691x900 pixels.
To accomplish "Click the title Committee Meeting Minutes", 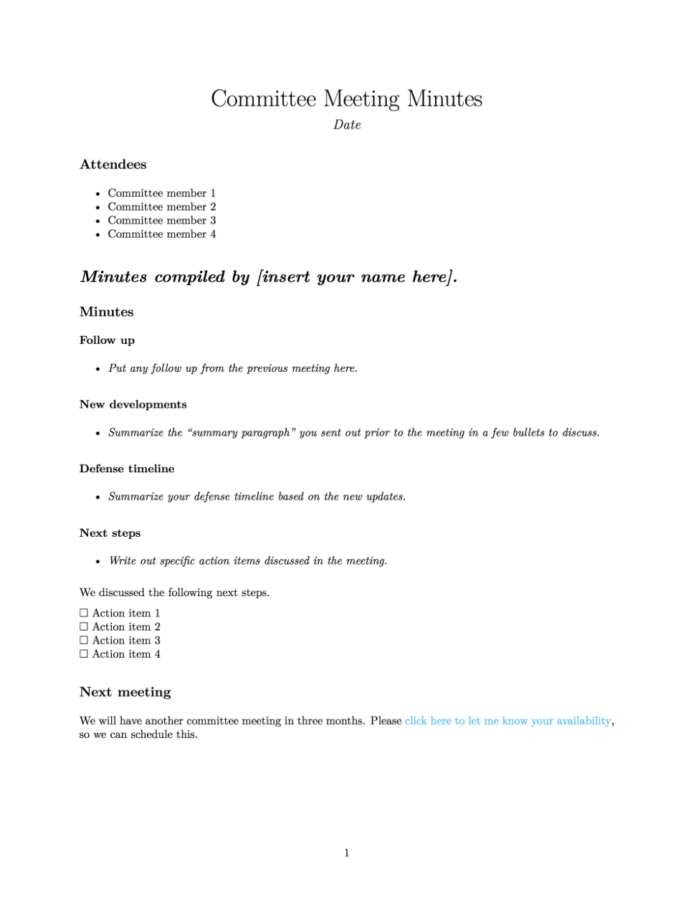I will [x=346, y=99].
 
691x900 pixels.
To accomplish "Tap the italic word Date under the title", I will [x=347, y=125].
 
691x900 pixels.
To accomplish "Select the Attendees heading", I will [x=113, y=165].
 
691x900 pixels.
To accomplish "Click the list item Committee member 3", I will [x=161, y=221].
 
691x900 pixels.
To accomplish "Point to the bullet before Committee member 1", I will [x=98, y=194].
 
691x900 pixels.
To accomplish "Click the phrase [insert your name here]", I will [x=356, y=277].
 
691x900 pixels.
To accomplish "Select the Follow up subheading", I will [x=107, y=340].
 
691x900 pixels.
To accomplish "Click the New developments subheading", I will [x=133, y=405].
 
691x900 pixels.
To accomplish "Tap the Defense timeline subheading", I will [x=127, y=469].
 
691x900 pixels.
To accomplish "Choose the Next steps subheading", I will [x=110, y=533].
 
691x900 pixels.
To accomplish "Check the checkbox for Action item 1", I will [x=84, y=613].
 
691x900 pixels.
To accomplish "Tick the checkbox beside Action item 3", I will [x=84, y=641].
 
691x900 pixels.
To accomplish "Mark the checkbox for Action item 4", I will [x=84, y=654].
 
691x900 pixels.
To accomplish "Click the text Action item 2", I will [x=126, y=627].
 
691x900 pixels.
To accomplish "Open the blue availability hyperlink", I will [x=507, y=721].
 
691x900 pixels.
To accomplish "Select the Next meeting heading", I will [x=125, y=692].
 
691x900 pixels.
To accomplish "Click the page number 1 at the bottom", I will [x=347, y=853].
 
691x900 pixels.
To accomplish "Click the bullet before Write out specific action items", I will [x=98, y=562].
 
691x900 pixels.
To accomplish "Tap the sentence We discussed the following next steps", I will [x=174, y=593].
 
